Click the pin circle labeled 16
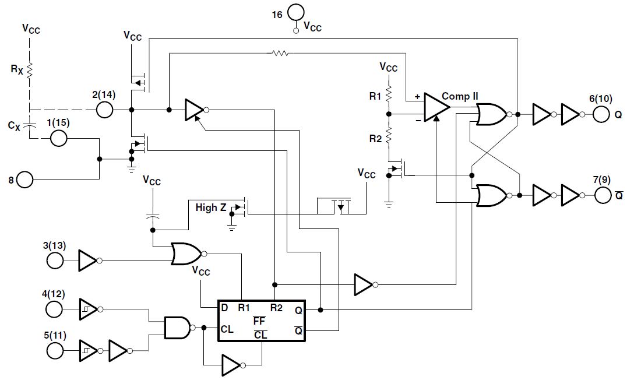click(295, 12)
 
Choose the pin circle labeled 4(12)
click(54, 309)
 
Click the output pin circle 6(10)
click(601, 114)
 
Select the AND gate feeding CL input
click(177, 328)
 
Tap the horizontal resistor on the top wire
click(279, 53)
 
